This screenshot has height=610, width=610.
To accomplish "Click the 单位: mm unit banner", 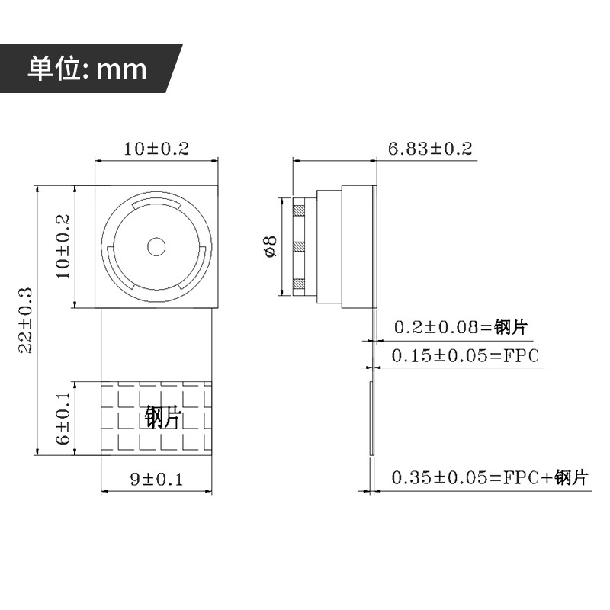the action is [87, 69].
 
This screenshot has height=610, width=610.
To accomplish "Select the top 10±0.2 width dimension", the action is [156, 149].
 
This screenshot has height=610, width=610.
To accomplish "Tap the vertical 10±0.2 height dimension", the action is [63, 246].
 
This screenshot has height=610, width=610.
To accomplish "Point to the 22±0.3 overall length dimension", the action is [26, 320].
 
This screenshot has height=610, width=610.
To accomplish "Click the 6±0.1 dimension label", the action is [63, 418].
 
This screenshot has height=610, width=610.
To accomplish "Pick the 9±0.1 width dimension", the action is [156, 479].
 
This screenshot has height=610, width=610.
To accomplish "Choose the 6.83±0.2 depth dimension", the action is [430, 149].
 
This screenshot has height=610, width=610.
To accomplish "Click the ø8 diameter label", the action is [271, 246].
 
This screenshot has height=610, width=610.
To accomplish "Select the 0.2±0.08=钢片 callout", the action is [461, 327].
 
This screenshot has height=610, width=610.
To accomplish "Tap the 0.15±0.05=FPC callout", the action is [465, 355].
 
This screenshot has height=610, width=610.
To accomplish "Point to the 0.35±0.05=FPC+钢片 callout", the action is [490, 477].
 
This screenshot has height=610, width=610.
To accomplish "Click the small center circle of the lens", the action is [156, 247].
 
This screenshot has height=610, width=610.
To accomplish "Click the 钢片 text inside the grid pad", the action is [163, 417].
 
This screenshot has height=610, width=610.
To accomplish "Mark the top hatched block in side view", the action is [299, 210].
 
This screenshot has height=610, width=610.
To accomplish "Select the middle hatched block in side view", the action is [299, 246].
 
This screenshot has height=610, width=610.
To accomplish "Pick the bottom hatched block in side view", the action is [299, 284].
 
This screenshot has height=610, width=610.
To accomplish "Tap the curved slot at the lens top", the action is [156, 204].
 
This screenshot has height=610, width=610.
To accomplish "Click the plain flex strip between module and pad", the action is [156, 345].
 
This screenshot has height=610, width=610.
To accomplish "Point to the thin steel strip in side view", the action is [371, 418].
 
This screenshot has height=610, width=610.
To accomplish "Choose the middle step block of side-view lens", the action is [329, 246].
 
